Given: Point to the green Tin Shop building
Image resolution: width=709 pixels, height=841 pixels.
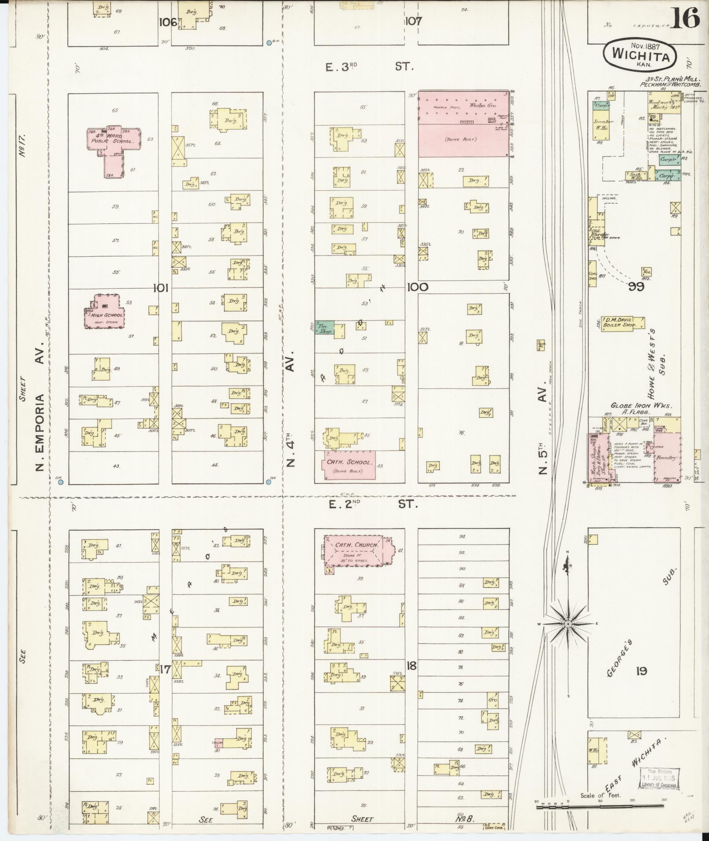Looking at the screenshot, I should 324,328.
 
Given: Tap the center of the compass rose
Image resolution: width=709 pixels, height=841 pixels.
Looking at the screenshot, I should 567,624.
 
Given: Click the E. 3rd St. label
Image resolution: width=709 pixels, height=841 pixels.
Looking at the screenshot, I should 369,67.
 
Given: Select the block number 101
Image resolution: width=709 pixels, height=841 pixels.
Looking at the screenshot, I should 161,288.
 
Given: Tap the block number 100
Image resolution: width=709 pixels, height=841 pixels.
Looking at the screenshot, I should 418,287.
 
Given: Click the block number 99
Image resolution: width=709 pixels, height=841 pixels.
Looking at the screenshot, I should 636,287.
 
